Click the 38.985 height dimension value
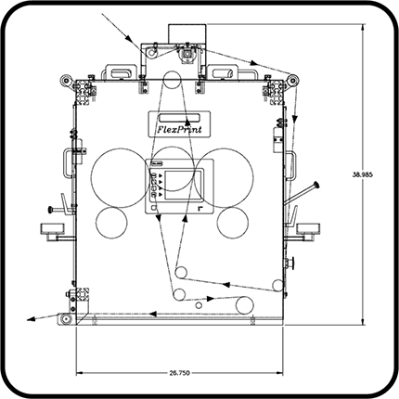(x=363, y=174)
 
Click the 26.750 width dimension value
(x=179, y=373)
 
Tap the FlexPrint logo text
(x=180, y=129)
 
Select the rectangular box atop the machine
(x=187, y=33)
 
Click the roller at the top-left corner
(x=67, y=81)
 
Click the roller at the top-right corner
(x=292, y=81)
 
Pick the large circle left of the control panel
(x=121, y=177)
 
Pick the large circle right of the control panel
(x=224, y=178)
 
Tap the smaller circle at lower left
(x=111, y=223)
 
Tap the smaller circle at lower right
(x=233, y=223)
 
